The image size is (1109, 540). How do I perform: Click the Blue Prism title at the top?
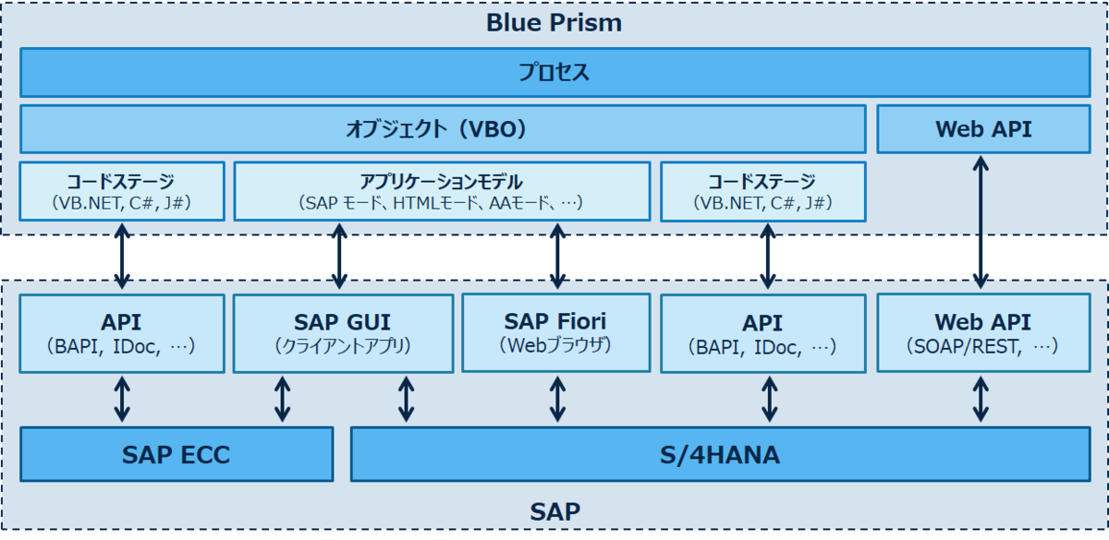(554, 22)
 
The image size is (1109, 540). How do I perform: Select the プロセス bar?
(554, 72)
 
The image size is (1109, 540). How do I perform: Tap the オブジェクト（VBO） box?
(442, 129)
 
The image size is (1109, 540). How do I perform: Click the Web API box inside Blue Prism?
(983, 129)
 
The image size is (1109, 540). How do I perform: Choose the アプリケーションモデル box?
(441, 191)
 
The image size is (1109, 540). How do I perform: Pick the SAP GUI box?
(343, 333)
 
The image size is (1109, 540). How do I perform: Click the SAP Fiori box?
(555, 332)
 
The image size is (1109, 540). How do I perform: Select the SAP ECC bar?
(176, 454)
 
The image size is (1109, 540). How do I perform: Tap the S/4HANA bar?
(721, 454)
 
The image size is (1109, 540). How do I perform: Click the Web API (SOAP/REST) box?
(983, 333)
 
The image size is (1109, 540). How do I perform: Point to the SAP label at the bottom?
(554, 510)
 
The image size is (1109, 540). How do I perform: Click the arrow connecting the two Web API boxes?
(982, 222)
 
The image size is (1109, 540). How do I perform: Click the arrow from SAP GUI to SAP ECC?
(283, 399)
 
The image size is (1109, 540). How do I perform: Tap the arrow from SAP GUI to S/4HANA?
(405, 399)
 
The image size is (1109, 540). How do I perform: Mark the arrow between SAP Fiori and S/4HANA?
(557, 399)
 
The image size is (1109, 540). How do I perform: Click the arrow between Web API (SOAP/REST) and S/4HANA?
(982, 399)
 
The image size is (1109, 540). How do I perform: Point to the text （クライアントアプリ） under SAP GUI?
(343, 347)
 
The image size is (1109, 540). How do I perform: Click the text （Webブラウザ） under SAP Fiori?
(555, 346)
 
